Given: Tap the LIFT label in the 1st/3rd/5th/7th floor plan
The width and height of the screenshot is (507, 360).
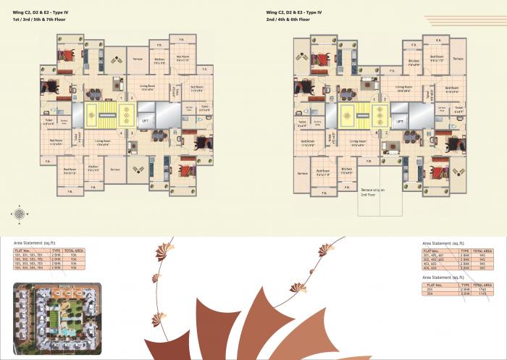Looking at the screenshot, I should tap(145, 121).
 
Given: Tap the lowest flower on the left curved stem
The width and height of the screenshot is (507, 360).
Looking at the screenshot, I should tap(154, 319).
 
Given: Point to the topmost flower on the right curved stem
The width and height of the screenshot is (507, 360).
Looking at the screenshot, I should tap(326, 251).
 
